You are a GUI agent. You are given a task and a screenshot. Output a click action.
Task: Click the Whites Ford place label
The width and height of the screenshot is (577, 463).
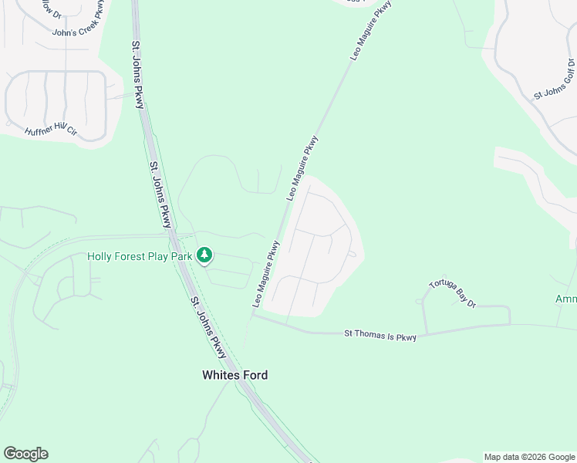click(x=235, y=375)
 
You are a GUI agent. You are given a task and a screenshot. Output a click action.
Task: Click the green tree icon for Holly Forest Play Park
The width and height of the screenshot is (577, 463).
click(x=204, y=255)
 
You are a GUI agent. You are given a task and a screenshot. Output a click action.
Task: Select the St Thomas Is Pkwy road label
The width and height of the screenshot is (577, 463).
click(x=380, y=334)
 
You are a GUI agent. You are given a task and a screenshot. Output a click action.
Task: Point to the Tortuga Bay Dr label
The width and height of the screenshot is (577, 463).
click(x=453, y=293)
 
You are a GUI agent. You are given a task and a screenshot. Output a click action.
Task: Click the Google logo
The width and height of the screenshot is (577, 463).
click(x=25, y=454)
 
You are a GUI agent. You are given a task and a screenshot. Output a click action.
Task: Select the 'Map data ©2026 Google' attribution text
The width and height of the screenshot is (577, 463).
click(x=529, y=457)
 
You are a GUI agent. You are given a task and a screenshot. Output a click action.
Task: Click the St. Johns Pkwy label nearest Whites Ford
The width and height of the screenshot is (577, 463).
click(x=208, y=327)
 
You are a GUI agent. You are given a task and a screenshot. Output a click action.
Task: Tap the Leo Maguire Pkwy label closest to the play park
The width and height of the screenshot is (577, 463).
click(x=265, y=274)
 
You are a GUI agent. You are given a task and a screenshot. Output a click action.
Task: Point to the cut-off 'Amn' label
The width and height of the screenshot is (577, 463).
click(x=565, y=299)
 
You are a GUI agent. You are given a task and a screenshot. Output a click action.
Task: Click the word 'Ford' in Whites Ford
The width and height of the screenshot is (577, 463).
click(x=254, y=375)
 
